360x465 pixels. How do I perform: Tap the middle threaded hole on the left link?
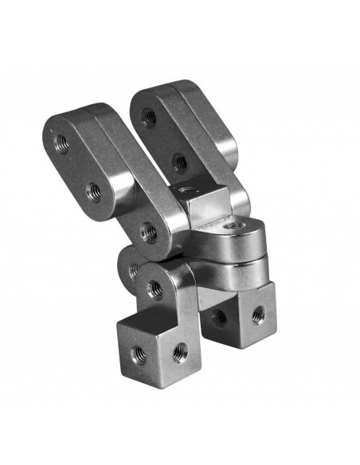click(x=93, y=191)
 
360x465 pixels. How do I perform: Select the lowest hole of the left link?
click(x=147, y=232)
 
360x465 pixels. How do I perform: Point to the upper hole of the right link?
click(x=148, y=117)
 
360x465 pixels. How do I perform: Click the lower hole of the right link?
click(x=180, y=162)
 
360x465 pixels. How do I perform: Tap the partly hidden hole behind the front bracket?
click(x=133, y=270)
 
